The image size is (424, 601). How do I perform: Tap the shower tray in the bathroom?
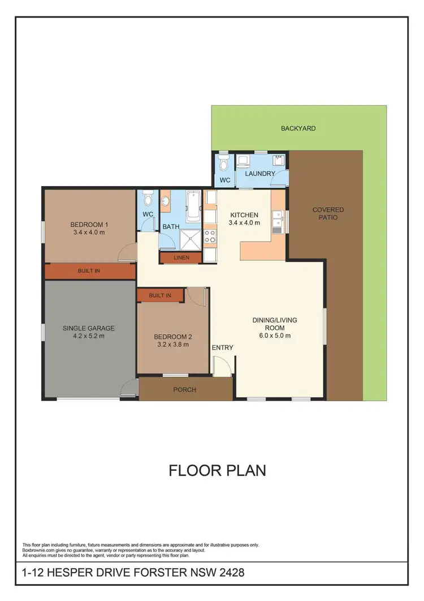(x=192, y=240)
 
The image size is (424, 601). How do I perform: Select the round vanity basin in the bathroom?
(x=167, y=201)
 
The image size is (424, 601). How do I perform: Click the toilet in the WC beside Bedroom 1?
(x=148, y=199)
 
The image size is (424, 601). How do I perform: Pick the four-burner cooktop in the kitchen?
(x=210, y=237)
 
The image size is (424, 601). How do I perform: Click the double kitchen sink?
(x=278, y=222)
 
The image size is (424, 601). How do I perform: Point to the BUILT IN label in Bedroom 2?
(x=160, y=295)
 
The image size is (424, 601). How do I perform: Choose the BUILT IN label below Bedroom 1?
(x=89, y=271)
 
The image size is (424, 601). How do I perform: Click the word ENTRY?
(x=222, y=347)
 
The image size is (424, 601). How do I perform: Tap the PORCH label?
(x=184, y=389)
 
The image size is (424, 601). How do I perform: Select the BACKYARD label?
(x=298, y=128)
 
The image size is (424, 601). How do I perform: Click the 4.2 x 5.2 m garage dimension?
(x=89, y=336)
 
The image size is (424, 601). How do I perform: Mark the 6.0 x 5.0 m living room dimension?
(x=274, y=336)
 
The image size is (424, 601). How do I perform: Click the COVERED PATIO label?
(x=328, y=213)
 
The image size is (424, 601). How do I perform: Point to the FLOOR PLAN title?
(x=217, y=470)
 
